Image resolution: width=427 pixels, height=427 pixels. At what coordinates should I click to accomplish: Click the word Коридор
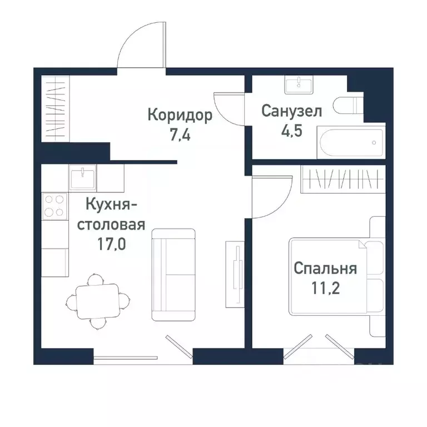point(180,116)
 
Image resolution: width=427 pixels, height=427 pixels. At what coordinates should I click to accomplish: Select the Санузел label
point(292,111)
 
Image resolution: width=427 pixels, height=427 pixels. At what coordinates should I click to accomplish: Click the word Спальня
point(325,269)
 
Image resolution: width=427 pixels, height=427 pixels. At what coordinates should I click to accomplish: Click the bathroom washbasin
point(300,85)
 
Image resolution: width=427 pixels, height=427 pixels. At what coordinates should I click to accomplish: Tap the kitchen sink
point(83,178)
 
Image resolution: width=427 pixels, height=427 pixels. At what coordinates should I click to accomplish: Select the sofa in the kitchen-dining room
point(174,274)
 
